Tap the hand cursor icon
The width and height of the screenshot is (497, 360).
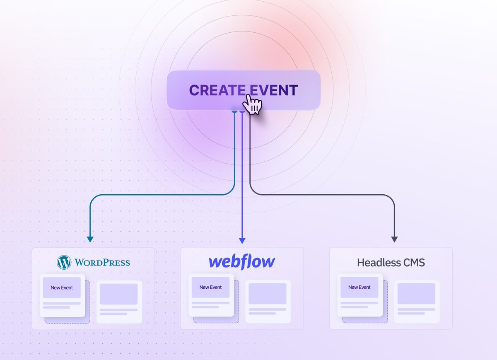[252, 104]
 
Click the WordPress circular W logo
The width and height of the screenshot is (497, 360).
[64, 262]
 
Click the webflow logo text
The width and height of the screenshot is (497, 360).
[242, 262]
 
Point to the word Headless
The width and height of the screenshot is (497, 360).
[376, 262]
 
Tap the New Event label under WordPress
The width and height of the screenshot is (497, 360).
[62, 288]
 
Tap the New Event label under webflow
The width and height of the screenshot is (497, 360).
[210, 288]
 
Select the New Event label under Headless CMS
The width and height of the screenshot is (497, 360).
[359, 288]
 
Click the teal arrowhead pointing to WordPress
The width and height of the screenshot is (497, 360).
[90, 239]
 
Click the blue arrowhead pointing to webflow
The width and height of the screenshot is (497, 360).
[242, 241]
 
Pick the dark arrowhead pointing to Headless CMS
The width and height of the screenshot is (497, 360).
[394, 239]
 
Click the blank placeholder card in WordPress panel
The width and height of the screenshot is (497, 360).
[119, 302]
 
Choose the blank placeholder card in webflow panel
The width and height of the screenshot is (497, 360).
[268, 302]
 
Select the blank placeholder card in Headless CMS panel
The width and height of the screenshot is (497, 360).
[416, 302]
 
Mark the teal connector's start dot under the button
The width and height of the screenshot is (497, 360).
[234, 112]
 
